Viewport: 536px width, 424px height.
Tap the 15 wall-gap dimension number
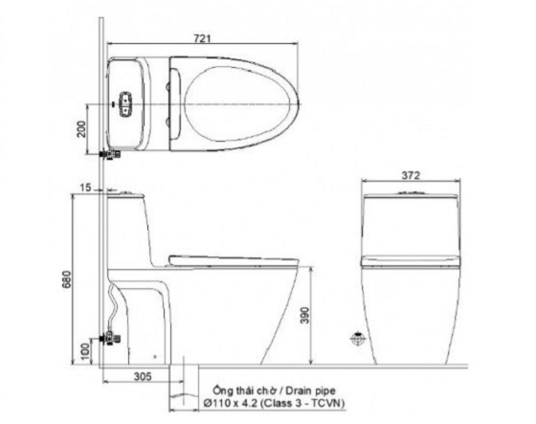87,188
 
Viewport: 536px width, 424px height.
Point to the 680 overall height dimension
65,278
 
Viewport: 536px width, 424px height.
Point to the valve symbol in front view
358,338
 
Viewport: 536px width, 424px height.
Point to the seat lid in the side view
230,258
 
